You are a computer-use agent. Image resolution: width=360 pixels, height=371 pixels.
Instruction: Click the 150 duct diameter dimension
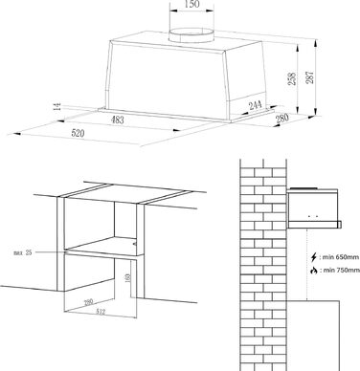tap(191, 4)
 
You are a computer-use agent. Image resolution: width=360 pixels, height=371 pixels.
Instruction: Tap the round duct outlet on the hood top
tap(191, 35)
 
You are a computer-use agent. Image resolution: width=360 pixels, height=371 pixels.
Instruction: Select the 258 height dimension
tap(292, 78)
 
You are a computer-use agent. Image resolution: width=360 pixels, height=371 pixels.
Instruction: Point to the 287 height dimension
tap(310, 77)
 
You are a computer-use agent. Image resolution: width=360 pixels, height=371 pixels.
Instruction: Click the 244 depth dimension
tap(256, 105)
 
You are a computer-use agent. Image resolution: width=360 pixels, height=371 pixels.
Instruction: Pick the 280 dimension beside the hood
tap(282, 119)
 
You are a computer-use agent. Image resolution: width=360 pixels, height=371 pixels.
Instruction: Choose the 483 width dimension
tap(118, 120)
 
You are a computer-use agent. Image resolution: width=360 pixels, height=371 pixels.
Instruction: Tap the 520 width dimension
tap(78, 133)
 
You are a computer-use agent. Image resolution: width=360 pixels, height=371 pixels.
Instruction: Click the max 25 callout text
tap(23, 252)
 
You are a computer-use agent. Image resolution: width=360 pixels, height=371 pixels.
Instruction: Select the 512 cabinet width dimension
tap(101, 312)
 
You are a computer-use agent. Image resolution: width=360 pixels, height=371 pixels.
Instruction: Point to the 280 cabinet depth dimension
tap(89, 301)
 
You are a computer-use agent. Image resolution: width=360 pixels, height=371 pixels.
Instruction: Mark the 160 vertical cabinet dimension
tap(128, 277)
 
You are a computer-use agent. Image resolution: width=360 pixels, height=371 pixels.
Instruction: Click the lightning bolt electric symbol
tap(314, 257)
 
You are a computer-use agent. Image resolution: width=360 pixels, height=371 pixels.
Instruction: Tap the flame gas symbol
tap(314, 271)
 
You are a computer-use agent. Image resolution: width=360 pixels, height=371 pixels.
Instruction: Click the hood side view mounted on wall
tap(314, 208)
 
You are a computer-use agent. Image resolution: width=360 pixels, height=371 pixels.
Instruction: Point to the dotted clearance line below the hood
tap(307, 265)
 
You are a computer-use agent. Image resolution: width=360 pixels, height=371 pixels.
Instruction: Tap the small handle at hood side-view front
tap(340, 225)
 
